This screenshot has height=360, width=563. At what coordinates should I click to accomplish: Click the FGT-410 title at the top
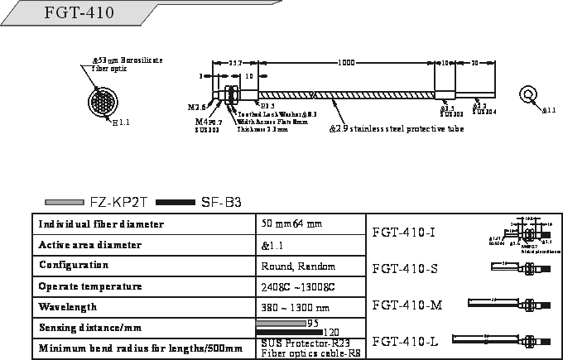[x=80, y=13]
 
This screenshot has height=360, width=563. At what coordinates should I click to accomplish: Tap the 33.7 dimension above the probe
[x=234, y=63]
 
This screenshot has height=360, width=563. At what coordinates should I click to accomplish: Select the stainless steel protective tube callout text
[x=396, y=129]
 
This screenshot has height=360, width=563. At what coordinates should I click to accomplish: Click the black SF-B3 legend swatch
[x=174, y=201]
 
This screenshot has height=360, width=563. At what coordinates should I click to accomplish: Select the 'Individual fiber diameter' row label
[x=102, y=224]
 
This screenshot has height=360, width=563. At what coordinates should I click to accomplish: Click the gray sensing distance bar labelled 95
[x=281, y=322]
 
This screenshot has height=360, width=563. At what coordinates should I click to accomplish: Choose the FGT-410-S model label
[x=405, y=267]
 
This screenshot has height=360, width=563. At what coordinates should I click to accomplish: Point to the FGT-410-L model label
[x=405, y=340]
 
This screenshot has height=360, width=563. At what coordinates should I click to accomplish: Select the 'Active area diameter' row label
[x=90, y=245]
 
